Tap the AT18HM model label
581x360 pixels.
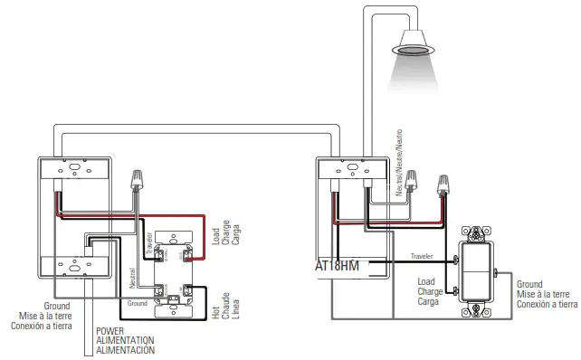(338, 267)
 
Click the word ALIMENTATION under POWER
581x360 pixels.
(126, 340)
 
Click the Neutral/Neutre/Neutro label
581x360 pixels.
(395, 159)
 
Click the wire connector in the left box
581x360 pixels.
(138, 177)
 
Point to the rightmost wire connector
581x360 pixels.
(444, 186)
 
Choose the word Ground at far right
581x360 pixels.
(529, 284)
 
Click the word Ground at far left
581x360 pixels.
(56, 306)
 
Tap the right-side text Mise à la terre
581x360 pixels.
(543, 295)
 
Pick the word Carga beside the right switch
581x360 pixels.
(428, 302)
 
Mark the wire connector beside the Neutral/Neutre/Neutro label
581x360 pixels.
(413, 183)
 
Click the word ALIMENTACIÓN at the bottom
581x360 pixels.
(126, 350)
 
